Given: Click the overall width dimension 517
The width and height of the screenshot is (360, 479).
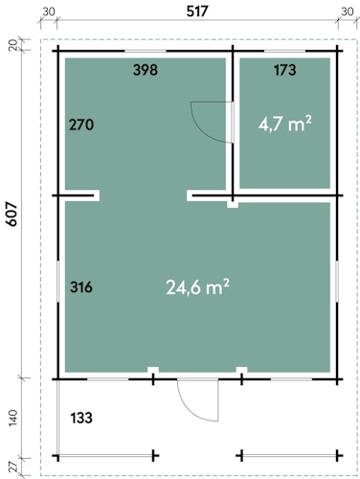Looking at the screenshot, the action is point(197,11).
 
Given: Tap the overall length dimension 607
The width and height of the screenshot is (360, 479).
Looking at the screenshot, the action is point(12,215).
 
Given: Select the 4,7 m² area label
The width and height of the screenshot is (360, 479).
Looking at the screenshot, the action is point(284,124).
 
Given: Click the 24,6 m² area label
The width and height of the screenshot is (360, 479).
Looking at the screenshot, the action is point(197,286).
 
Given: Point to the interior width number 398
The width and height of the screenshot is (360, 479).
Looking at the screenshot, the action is point(146,70).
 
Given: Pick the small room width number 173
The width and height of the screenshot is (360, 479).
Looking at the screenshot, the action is point(284,70).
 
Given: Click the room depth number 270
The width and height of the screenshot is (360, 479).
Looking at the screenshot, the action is point(81,125).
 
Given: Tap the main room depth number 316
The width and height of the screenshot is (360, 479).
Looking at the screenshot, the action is point(81,286).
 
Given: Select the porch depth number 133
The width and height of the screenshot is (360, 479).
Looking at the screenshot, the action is point(81,418).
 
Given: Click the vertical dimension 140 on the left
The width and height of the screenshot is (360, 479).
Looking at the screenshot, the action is point(13,418).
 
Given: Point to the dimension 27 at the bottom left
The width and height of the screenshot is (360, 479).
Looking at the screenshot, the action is point(13,468).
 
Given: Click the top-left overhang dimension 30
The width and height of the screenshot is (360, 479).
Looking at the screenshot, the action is point(49,11).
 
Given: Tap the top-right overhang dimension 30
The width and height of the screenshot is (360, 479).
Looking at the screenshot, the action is point(348,11).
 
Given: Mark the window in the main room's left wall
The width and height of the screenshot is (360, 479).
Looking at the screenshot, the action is point(58,281).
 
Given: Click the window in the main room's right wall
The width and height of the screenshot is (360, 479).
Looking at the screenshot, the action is point(337,281).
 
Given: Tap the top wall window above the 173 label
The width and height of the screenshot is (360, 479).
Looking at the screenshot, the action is point(284,51).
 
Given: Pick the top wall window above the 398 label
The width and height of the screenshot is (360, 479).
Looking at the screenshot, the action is point(146,51).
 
